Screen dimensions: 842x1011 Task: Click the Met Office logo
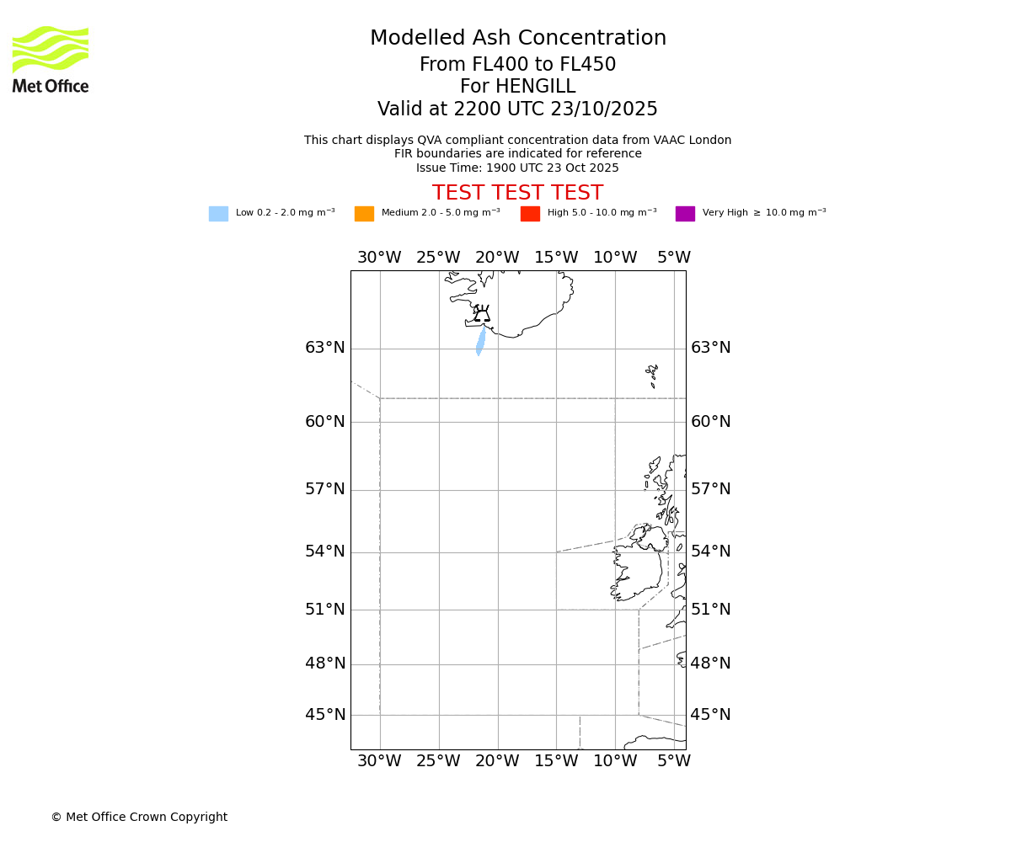(51, 59)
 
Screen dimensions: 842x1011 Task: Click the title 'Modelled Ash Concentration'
(517, 39)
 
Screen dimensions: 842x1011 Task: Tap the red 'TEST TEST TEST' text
(517, 193)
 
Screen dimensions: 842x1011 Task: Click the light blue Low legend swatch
(218, 214)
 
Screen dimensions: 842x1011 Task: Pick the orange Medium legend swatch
(364, 214)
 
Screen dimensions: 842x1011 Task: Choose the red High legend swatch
(530, 214)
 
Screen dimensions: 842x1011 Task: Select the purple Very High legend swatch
(685, 214)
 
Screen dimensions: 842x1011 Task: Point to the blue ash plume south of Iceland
(480, 341)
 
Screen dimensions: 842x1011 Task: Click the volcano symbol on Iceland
(482, 314)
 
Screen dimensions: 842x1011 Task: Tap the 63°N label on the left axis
(325, 348)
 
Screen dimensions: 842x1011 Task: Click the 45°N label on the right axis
(710, 715)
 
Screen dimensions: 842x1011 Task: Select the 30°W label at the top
(379, 258)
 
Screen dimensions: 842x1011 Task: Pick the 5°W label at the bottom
(674, 761)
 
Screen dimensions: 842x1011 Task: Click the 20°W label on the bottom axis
(497, 761)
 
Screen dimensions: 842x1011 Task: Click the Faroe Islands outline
(652, 374)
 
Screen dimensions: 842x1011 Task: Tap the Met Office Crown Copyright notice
(139, 817)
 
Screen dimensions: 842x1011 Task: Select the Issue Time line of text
(517, 168)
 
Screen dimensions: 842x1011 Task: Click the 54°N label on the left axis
(325, 552)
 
